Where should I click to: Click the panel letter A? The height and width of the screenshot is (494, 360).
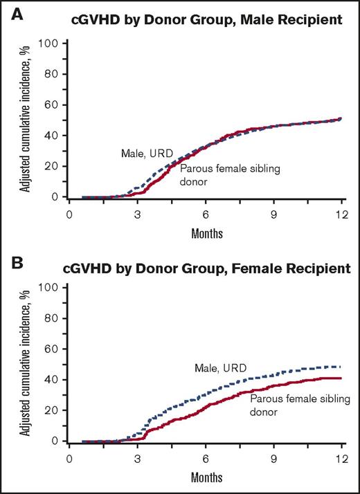(16, 10)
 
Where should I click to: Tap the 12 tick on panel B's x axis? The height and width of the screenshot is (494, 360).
(341, 458)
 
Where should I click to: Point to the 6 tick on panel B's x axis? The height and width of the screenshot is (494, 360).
(206, 458)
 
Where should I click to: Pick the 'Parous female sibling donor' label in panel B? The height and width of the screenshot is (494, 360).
(287, 405)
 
